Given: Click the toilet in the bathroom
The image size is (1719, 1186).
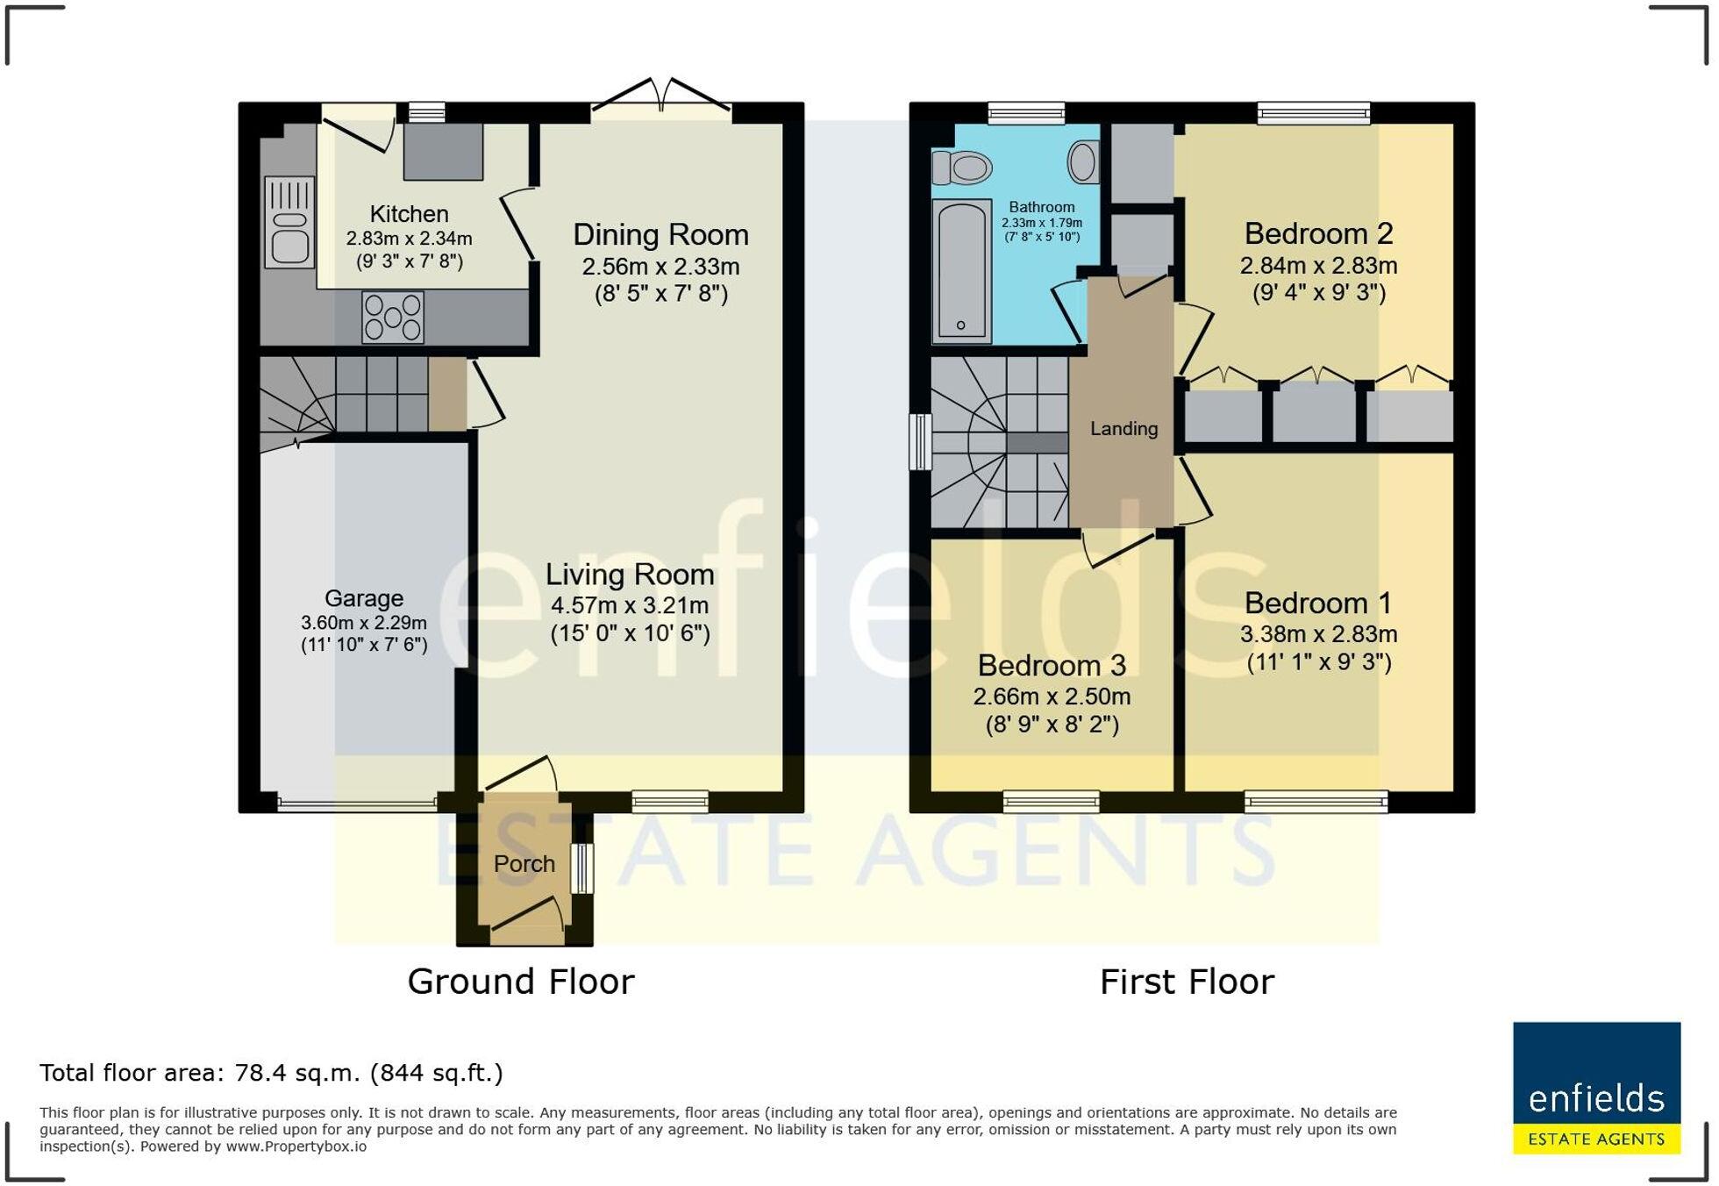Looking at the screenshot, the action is coord(961,167).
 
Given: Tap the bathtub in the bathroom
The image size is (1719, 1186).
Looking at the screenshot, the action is coord(962,270).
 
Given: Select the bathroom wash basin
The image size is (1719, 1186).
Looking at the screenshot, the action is coord(1083,162).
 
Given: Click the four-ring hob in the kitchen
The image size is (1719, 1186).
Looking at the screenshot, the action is coord(393,317).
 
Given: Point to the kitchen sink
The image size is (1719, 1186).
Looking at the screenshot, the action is coord(289,221).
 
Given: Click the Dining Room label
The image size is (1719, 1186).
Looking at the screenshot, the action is coord(660,235).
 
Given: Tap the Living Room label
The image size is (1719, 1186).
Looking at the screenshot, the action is coord(630,575).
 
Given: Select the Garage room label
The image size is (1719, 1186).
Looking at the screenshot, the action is coord(364,598).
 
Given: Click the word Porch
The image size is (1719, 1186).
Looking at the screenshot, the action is coord(524,864).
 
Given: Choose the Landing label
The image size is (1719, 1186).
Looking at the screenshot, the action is coord(1123,429).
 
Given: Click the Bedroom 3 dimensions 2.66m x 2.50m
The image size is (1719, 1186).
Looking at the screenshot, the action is coord(1052,697).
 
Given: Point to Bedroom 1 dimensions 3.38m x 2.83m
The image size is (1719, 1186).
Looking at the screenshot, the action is coord(1318,634).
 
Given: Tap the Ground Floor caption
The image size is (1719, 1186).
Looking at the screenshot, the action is coord(521,982).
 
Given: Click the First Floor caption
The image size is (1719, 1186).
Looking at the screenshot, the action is coord(1187,982).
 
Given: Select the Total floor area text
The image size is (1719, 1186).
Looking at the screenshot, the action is coord(271,1073).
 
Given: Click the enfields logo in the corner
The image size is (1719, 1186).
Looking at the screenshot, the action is coord(1596,1088).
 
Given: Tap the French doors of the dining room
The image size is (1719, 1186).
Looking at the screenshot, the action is coord(661,98).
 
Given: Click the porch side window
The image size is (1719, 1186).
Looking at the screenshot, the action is coord(582,868).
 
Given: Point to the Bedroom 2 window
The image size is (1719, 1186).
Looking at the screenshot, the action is coord(1313,113).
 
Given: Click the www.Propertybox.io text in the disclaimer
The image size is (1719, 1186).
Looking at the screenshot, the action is coord(296,1147).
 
